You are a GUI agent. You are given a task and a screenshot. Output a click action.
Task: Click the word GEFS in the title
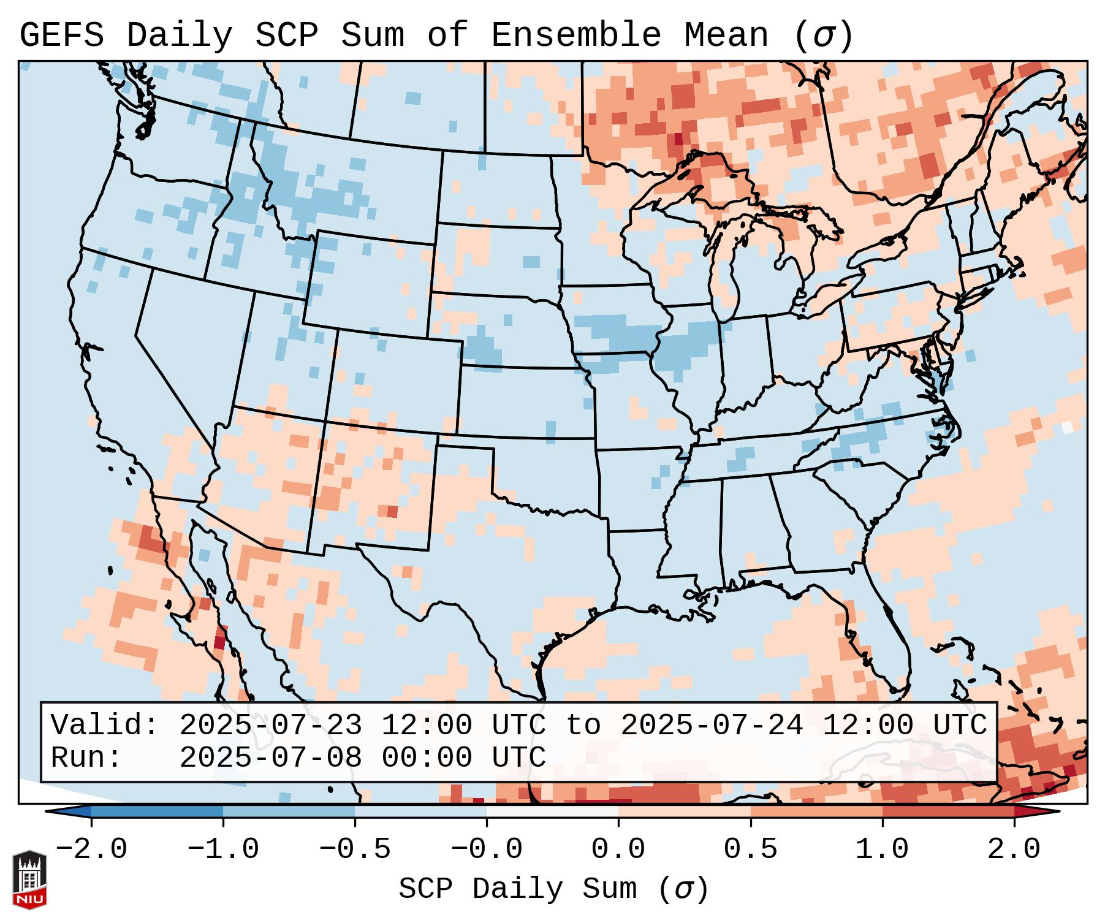pos(61,36)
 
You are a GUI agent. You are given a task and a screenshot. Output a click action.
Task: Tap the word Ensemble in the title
pos(576,36)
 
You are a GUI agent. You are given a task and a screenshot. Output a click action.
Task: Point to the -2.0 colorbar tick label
pos(91,849)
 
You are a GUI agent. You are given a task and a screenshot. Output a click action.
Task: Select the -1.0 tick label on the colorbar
pos(223,849)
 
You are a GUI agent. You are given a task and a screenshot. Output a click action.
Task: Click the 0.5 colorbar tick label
pos(750,849)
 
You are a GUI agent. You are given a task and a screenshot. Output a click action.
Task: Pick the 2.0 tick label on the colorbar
pos(1014,849)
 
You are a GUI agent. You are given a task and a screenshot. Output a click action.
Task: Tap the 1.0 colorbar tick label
pos(882,849)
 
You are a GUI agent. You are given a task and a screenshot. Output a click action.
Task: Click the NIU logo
pos(29,879)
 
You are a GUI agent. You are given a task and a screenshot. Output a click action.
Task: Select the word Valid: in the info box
pos(105,726)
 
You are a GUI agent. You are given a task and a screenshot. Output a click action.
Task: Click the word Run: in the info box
pos(86,758)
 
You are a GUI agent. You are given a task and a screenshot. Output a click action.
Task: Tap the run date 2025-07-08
pos(270,758)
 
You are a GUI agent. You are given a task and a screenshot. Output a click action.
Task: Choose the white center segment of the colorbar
pos(552,811)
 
